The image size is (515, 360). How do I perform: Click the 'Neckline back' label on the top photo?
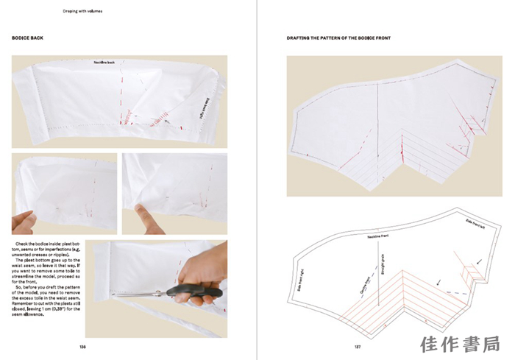[x=104, y=63]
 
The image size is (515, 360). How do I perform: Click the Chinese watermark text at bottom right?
[x=460, y=345]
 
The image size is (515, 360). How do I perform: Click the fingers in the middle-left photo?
[x=26, y=220]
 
